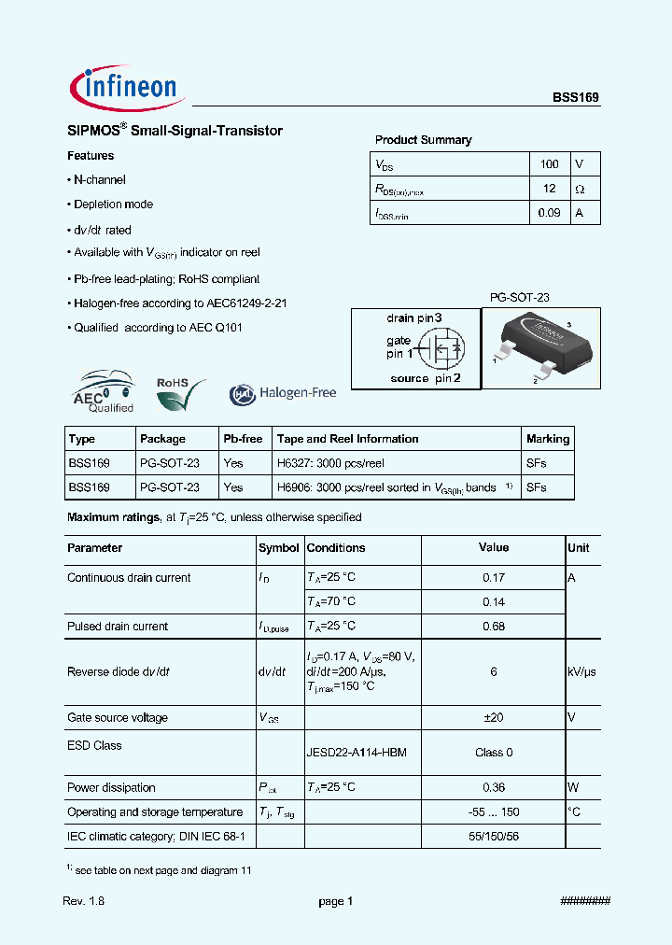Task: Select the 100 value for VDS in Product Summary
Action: coord(549,164)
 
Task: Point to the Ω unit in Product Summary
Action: coord(580,189)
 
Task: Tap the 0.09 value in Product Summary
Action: coord(549,213)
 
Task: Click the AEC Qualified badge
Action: coord(105,392)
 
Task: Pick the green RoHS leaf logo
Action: coord(175,393)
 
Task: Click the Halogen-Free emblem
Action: coord(283,393)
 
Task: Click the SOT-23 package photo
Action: coord(540,346)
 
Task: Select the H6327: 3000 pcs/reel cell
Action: coord(330,463)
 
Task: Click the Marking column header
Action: coord(548,439)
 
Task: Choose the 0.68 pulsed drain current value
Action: coord(494,627)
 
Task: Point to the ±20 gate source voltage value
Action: coord(494,718)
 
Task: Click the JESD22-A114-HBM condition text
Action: coord(357,753)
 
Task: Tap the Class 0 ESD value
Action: coord(494,753)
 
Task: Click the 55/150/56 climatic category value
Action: coord(494,837)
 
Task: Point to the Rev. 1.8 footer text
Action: coord(83,901)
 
